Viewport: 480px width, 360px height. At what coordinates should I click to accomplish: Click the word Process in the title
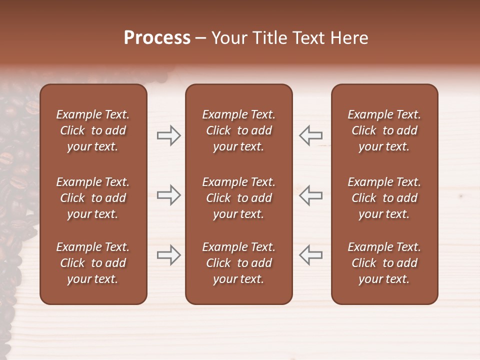click(x=157, y=38)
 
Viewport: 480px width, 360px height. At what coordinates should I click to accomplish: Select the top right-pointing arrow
click(x=168, y=135)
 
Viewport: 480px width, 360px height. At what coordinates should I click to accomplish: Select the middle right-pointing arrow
click(x=168, y=195)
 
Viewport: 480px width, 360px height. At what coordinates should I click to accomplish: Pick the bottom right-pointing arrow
click(x=168, y=255)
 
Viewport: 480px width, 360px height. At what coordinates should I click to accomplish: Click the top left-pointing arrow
click(x=310, y=135)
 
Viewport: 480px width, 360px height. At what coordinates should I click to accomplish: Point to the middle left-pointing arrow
click(x=310, y=195)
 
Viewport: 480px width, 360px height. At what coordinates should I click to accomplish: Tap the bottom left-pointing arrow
click(x=310, y=255)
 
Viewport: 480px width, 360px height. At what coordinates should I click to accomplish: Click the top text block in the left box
click(x=93, y=130)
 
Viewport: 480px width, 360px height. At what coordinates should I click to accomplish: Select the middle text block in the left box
click(x=93, y=198)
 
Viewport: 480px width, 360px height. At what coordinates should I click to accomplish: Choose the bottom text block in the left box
click(x=93, y=263)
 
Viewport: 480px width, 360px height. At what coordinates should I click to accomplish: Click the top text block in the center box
click(x=238, y=130)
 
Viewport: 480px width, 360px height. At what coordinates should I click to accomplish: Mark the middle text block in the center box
click(x=238, y=198)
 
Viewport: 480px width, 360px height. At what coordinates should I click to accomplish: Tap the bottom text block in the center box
click(x=238, y=263)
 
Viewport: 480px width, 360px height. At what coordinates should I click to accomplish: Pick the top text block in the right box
click(x=384, y=130)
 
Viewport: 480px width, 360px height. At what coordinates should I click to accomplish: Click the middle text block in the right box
click(x=384, y=198)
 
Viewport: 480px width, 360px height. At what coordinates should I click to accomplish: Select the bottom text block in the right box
click(x=384, y=263)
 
